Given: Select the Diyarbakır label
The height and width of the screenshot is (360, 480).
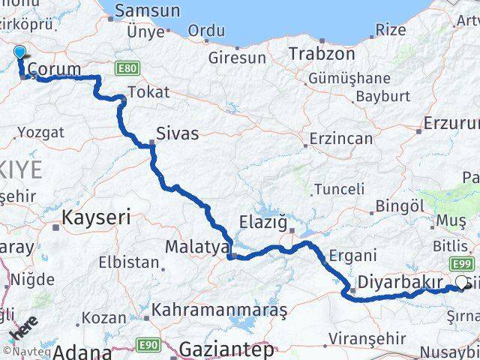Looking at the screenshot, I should (x=397, y=282).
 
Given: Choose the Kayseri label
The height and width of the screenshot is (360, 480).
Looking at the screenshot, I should (x=96, y=218).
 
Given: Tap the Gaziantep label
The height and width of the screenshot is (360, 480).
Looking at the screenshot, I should (x=226, y=349).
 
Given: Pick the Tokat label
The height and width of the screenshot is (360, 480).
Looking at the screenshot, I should (x=148, y=92).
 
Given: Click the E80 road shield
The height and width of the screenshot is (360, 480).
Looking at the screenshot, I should (x=127, y=69).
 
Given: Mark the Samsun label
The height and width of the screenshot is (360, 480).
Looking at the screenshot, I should (x=147, y=11).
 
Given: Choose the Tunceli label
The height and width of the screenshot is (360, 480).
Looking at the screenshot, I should (x=339, y=189).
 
